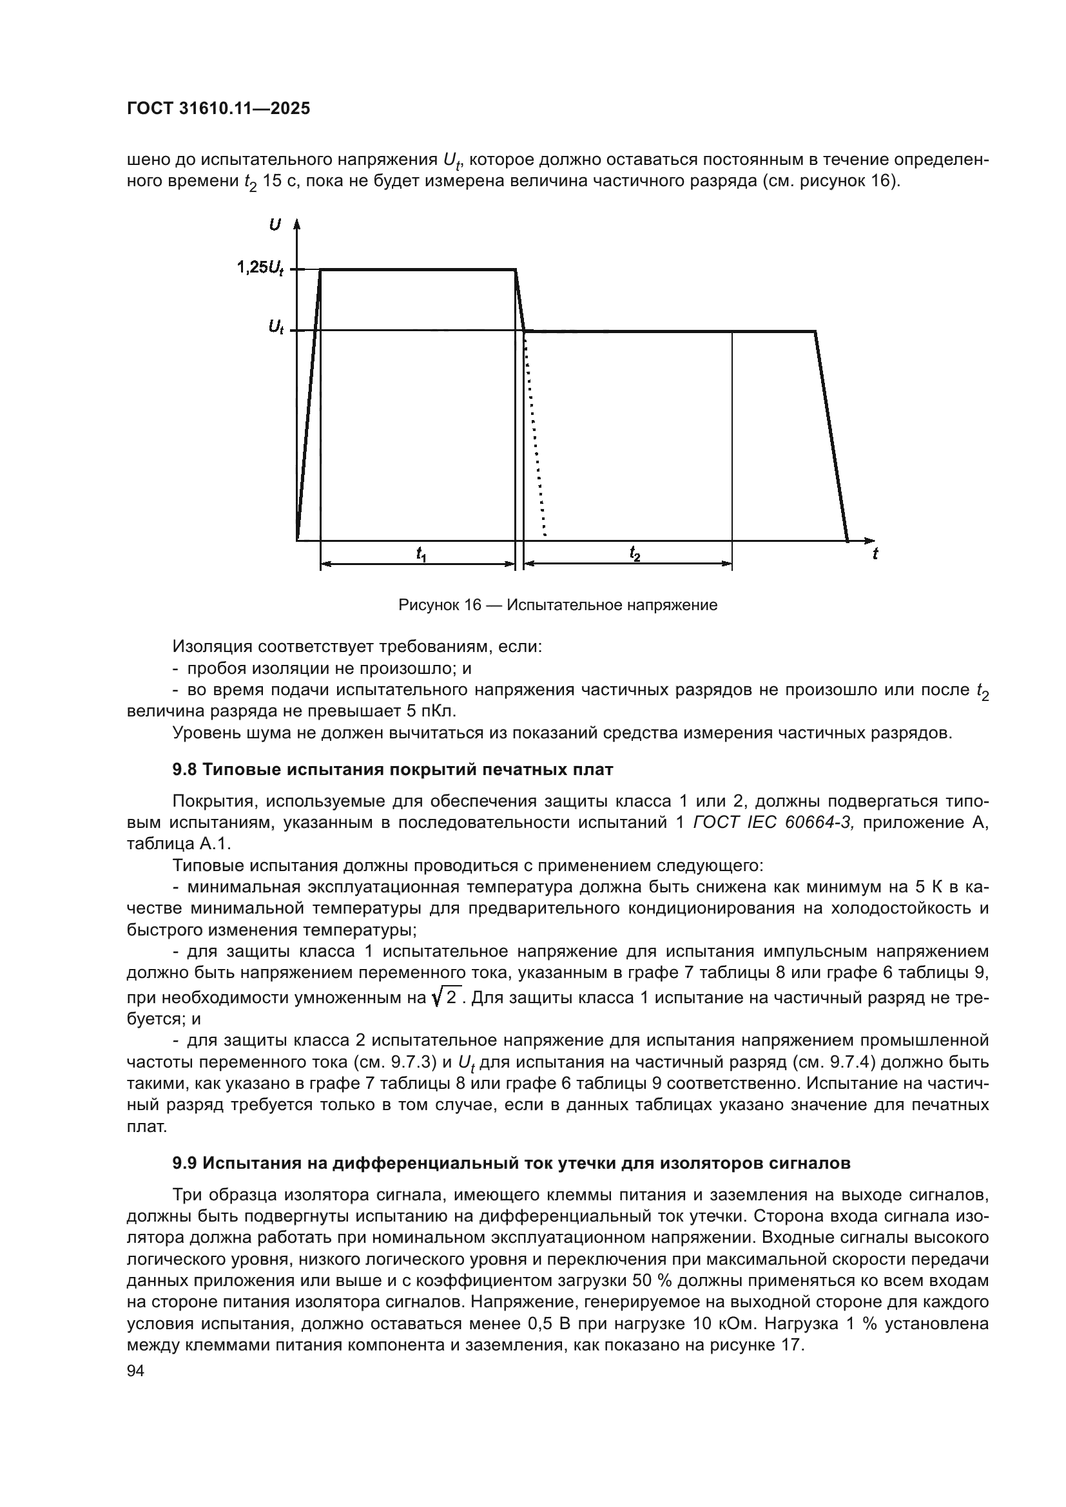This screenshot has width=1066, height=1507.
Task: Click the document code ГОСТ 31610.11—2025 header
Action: coord(218,109)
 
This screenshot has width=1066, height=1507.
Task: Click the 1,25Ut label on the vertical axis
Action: coord(260,268)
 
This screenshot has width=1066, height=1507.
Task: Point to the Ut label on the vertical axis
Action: coord(276,328)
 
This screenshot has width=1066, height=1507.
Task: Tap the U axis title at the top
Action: coord(275,225)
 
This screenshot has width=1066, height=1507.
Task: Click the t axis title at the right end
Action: coord(875,555)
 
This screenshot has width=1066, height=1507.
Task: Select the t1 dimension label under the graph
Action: coord(421,555)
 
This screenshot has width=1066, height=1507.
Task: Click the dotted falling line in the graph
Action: coord(535,433)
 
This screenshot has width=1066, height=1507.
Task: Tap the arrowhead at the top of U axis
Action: coord(296,224)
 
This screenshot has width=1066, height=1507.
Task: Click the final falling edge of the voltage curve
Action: coord(831,436)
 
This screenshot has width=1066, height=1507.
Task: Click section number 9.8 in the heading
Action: coord(184,770)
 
